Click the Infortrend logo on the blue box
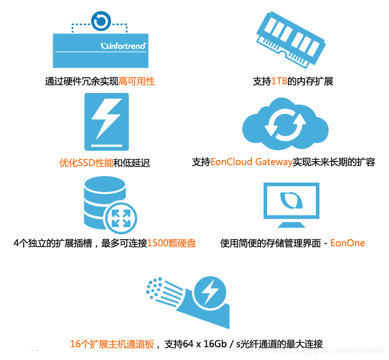(x=124, y=46)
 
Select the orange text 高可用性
(x=137, y=81)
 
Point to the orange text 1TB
(x=279, y=81)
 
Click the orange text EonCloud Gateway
(x=251, y=162)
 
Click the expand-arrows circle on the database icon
(x=120, y=218)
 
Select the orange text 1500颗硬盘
(x=171, y=243)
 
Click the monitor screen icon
(x=291, y=201)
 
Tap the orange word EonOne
(x=348, y=243)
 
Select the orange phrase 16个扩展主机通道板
(x=112, y=344)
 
